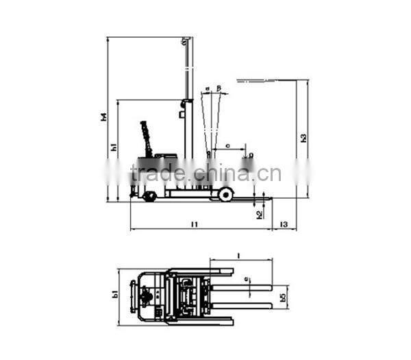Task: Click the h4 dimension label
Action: (x=103, y=117)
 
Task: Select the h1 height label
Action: (x=114, y=147)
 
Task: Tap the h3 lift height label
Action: (x=303, y=138)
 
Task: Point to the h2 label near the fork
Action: (x=258, y=214)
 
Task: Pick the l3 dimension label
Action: (x=283, y=224)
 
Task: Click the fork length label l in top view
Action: (x=238, y=255)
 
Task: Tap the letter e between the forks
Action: (x=247, y=280)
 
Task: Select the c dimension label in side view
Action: (x=227, y=145)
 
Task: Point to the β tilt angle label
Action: (x=219, y=88)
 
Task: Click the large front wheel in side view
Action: (x=225, y=195)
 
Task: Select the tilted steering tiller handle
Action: (x=146, y=137)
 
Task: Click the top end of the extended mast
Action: (x=184, y=41)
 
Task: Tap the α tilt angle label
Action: (x=206, y=88)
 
